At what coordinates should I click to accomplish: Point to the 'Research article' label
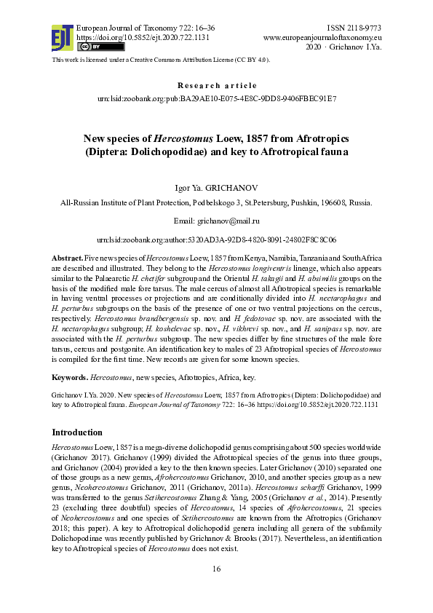coord(217,85)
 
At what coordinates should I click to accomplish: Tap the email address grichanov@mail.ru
coord(228,221)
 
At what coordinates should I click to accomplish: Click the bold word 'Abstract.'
coord(67,259)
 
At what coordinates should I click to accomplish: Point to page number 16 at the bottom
coord(216,588)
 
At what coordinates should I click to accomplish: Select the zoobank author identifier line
coord(217,240)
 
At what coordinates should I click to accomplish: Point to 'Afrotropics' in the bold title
coord(293,138)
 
